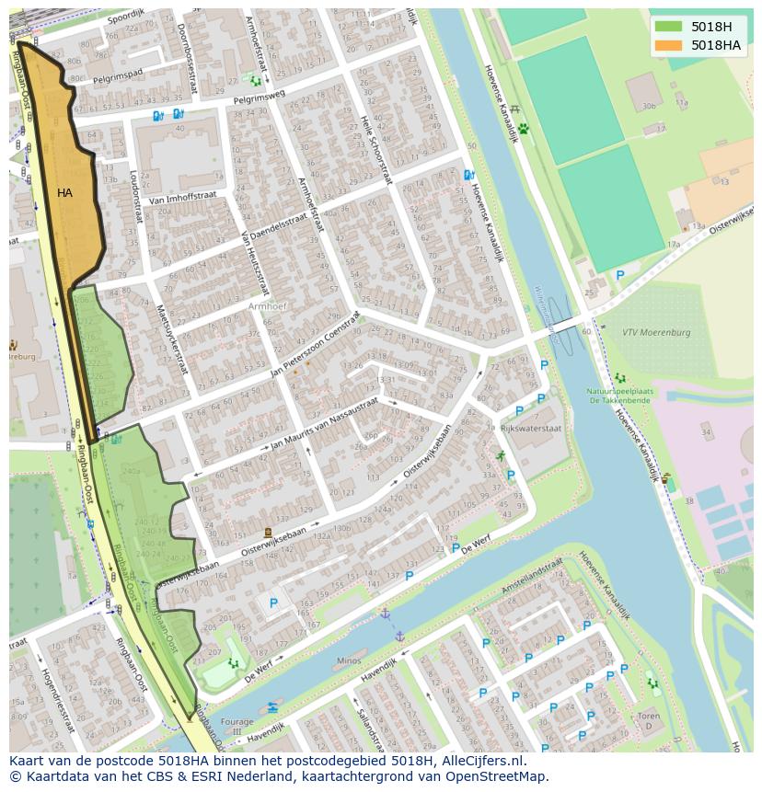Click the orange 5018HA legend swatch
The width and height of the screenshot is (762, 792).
[669, 45]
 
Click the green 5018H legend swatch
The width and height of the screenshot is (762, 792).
[669, 27]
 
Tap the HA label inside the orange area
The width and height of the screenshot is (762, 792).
[64, 193]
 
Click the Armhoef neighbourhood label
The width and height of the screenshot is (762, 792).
[269, 305]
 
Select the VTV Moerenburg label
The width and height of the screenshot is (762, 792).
[656, 332]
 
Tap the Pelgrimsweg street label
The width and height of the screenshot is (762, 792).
[260, 96]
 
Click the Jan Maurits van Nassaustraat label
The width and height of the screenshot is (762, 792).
[324, 424]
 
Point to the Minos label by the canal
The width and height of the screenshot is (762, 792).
[349, 660]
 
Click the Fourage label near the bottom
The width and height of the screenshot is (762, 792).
[237, 722]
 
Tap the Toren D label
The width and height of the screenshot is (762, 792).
[649, 720]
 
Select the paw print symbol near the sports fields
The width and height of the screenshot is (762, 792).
[524, 129]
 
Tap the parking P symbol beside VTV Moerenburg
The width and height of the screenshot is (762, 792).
[619, 274]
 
